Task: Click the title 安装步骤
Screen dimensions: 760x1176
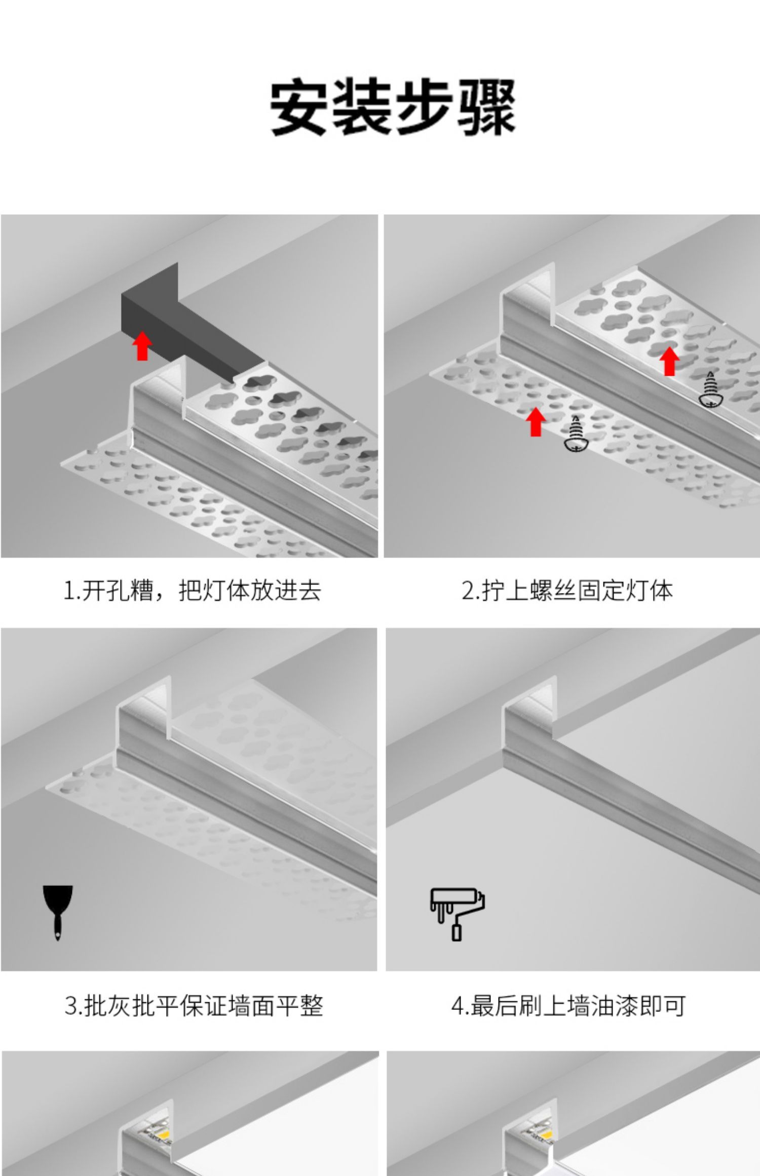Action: click(x=393, y=107)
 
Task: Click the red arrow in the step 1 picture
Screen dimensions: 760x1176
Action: click(x=142, y=346)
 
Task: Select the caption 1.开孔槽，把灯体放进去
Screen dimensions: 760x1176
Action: click(x=192, y=591)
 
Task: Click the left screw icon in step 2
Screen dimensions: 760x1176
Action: click(x=576, y=434)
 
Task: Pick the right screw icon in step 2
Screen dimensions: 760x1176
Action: click(x=711, y=389)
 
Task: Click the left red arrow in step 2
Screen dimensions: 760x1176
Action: click(x=536, y=421)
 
